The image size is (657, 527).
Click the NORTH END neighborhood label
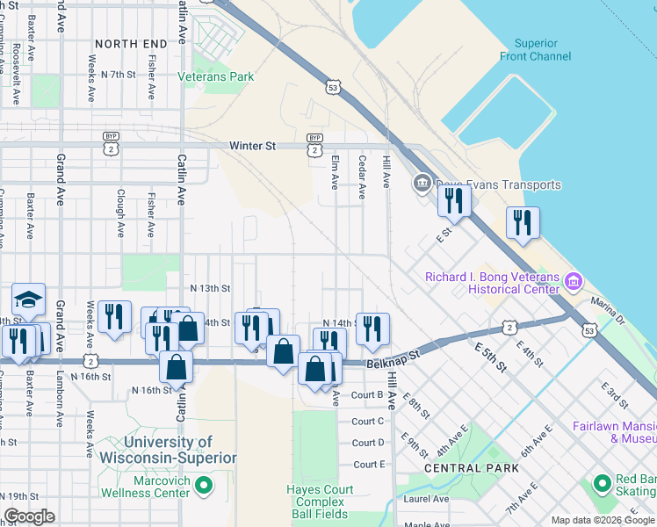130,43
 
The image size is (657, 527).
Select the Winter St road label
252,146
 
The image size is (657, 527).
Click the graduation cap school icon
28,300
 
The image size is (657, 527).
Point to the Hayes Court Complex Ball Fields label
321,502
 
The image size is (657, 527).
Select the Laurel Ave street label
427,499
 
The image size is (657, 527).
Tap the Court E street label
369,464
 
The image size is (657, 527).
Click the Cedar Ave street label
361,177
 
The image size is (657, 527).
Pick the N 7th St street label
118,75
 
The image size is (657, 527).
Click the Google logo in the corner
29,516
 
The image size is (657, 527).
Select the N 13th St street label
210,288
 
